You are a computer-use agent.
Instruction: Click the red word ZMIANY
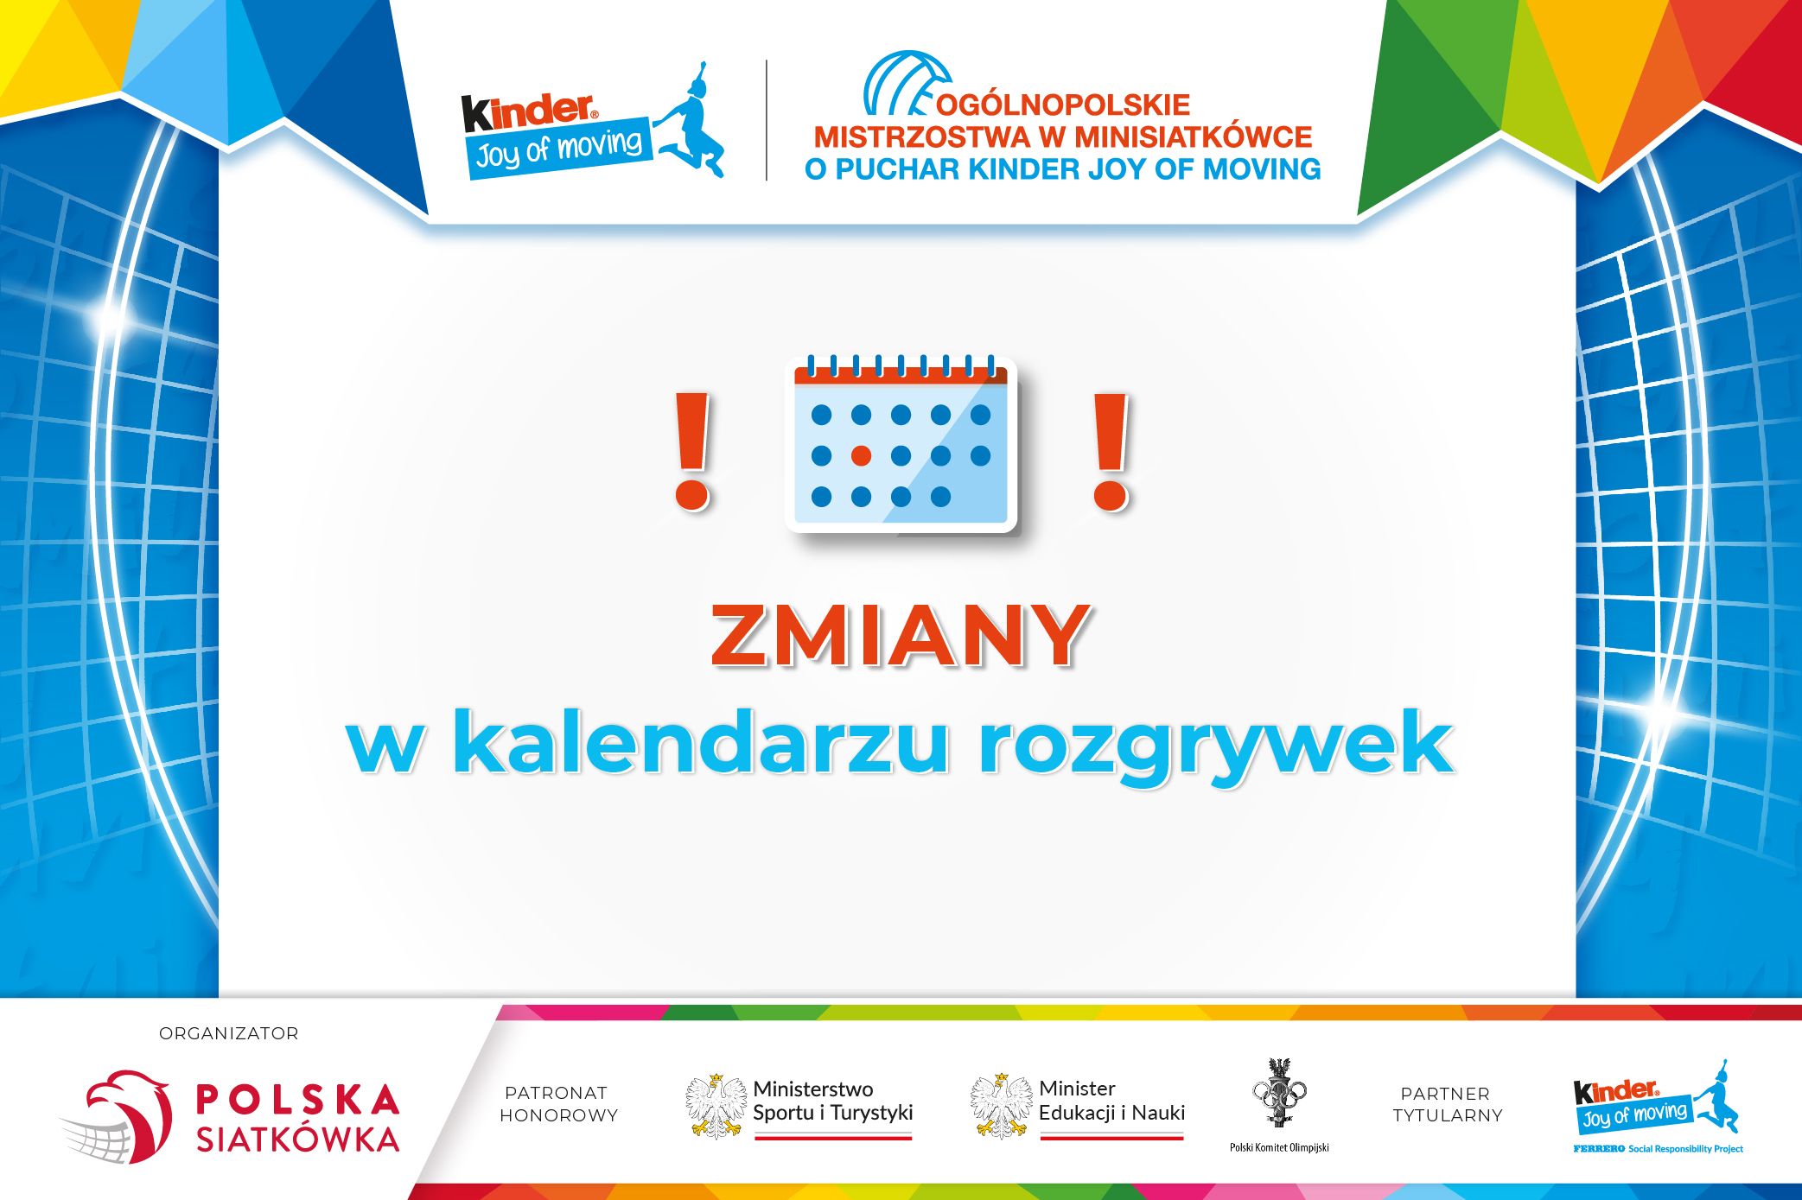[899, 637]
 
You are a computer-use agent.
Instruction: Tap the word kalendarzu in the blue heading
[700, 744]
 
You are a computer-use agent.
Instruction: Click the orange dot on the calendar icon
[861, 455]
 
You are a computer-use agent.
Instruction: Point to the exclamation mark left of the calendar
[692, 450]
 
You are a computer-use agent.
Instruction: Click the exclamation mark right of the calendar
[1111, 450]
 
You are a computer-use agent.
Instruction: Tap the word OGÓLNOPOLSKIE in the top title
[1063, 105]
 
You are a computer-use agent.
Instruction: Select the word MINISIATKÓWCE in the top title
[1194, 137]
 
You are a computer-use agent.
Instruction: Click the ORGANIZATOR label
[228, 1033]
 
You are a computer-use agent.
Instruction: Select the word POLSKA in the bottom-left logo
[297, 1100]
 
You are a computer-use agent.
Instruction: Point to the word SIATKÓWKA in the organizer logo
[297, 1140]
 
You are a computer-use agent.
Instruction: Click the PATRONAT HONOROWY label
[558, 1104]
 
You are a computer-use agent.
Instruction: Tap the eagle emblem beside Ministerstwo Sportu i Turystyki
[716, 1105]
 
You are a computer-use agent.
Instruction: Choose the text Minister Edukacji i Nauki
[1111, 1101]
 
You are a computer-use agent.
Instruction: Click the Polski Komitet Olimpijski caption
[1279, 1147]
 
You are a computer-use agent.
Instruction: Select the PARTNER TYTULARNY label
[1448, 1104]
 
